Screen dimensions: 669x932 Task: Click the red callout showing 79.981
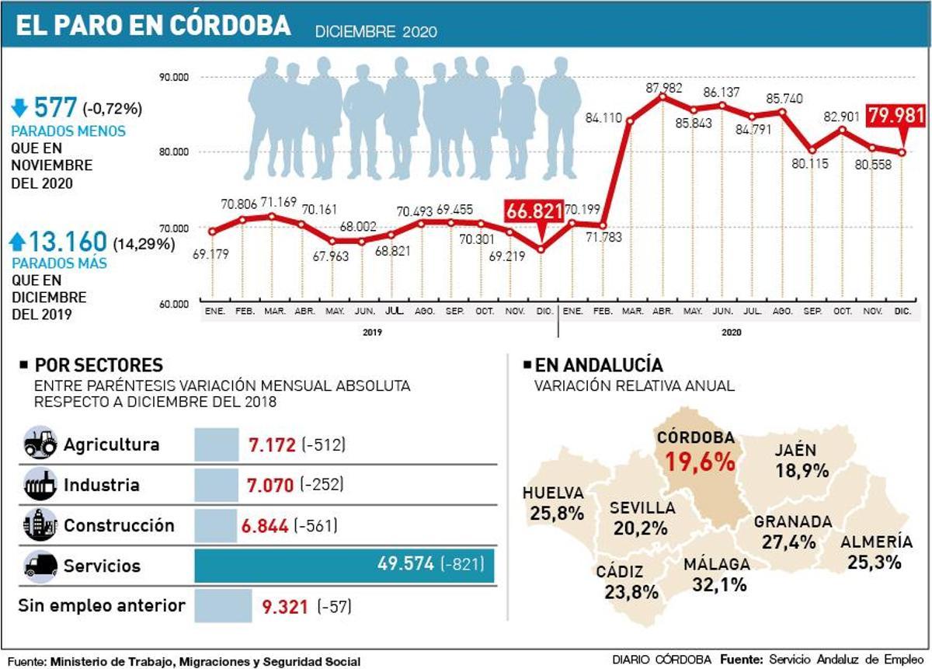pos(895,117)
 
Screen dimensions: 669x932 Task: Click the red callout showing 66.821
pos(534,211)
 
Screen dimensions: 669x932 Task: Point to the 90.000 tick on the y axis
pos(174,77)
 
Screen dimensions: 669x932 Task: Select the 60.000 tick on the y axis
pos(174,304)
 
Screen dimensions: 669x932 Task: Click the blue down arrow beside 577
pos(19,107)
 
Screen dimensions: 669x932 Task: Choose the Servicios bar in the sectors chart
pos(343,565)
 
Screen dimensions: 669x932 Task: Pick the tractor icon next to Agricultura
pos(40,444)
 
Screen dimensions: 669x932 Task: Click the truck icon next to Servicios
pos(40,566)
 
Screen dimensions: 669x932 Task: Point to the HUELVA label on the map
pos(553,493)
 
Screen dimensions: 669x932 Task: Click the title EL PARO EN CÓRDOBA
pos(154,26)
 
